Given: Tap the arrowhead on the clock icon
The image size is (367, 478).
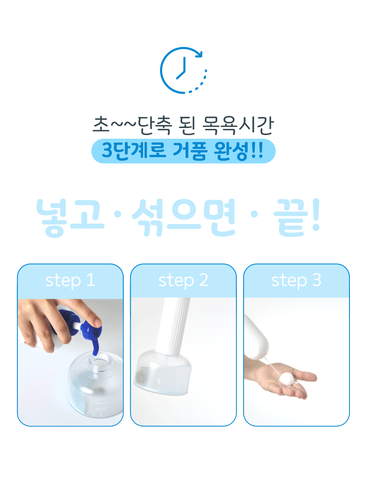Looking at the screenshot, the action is [x=198, y=54].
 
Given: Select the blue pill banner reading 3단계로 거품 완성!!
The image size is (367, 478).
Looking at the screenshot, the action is [x=183, y=151].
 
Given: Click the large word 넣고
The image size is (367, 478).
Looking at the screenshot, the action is [x=70, y=217].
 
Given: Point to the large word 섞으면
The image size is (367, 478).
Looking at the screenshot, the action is [x=184, y=217].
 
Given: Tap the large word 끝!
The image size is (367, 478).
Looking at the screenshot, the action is [x=297, y=217].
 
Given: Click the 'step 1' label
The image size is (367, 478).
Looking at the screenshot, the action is [x=70, y=280].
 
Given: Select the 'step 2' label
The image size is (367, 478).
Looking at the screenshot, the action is [x=183, y=280].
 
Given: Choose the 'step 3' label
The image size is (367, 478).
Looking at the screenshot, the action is [x=297, y=280].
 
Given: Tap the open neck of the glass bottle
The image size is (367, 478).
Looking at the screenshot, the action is [x=99, y=361].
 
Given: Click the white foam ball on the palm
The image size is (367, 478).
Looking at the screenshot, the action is [x=288, y=379].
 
